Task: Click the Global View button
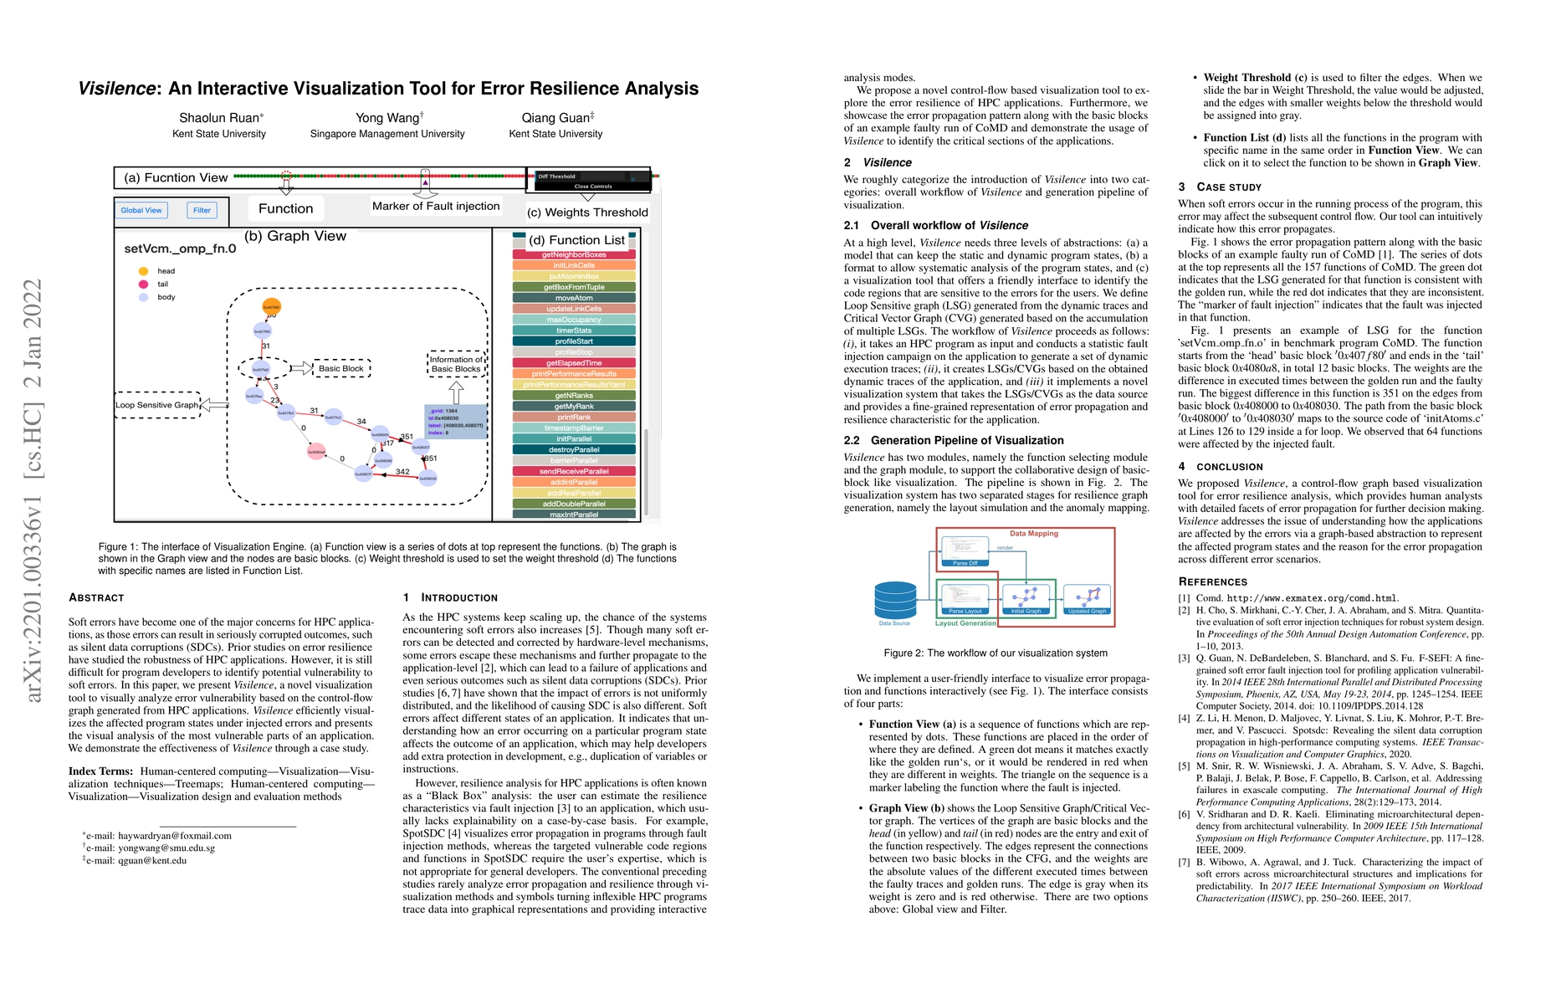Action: (141, 211)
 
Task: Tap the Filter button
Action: (202, 211)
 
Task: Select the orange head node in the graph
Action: (272, 307)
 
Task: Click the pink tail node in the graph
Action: (316, 452)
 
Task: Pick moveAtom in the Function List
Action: (574, 298)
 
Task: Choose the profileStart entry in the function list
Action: (574, 341)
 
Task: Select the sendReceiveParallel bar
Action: (574, 471)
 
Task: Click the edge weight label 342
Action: (402, 472)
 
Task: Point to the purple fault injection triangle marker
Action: (425, 182)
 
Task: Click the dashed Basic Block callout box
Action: (341, 368)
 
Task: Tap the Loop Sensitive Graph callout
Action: (157, 405)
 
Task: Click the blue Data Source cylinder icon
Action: (895, 601)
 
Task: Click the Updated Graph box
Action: (1087, 600)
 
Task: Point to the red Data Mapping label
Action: (1033, 534)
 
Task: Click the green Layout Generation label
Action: (965, 623)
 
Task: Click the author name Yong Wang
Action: (386, 118)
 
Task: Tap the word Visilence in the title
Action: (116, 89)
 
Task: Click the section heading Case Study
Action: (1228, 187)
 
